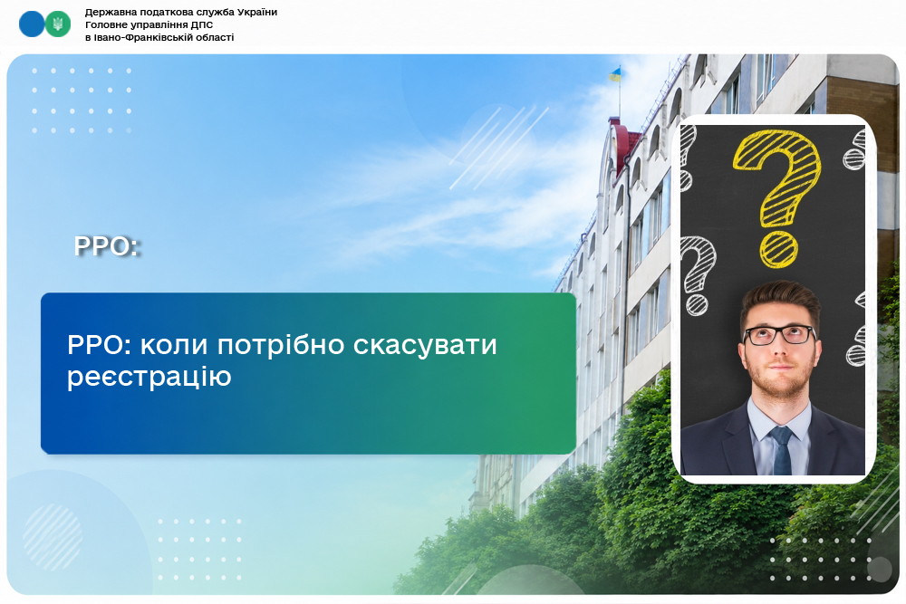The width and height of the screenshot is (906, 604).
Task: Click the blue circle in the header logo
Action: pyautogui.click(x=32, y=24)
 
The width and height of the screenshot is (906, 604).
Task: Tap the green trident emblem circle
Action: pyautogui.click(x=58, y=24)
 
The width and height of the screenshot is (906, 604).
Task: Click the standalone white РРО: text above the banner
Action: pyautogui.click(x=108, y=246)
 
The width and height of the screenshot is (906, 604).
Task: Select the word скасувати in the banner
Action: pyautogui.click(x=425, y=346)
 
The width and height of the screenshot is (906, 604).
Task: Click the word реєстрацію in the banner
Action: pyautogui.click(x=149, y=377)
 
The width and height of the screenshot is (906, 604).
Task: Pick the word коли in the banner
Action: pyautogui.click(x=174, y=345)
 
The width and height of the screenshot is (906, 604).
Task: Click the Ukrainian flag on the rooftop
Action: pyautogui.click(x=615, y=74)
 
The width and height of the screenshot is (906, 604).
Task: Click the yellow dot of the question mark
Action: pyautogui.click(x=778, y=251)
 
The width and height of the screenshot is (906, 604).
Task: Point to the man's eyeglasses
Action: pyautogui.click(x=779, y=335)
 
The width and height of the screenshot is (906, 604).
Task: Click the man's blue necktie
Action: pyautogui.click(x=782, y=450)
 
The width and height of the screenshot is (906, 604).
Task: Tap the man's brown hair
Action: pyautogui.click(x=780, y=301)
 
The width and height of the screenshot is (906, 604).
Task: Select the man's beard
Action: pyautogui.click(x=779, y=375)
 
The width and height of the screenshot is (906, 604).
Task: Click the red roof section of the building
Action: pyautogui.click(x=624, y=144)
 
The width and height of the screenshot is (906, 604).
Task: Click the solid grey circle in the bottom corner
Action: pyautogui.click(x=880, y=570)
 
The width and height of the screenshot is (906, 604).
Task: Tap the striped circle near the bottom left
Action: pyautogui.click(x=52, y=538)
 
